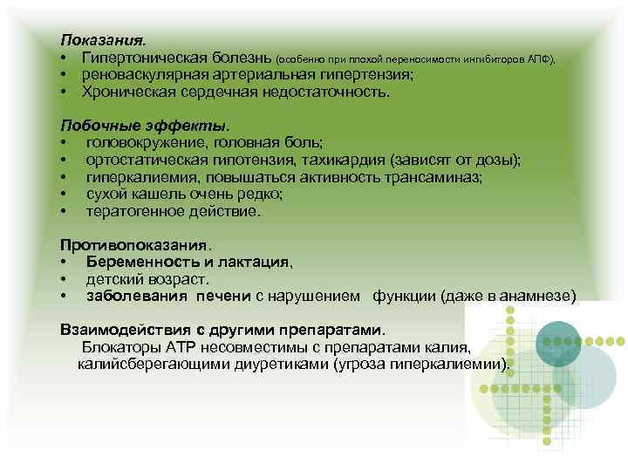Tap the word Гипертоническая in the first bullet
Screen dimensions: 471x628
pos(140,57)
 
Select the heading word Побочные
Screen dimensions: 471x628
pos(96,124)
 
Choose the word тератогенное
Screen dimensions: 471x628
pos(133,210)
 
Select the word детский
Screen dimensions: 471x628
pos(113,278)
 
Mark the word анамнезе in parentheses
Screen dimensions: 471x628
pos(534,296)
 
